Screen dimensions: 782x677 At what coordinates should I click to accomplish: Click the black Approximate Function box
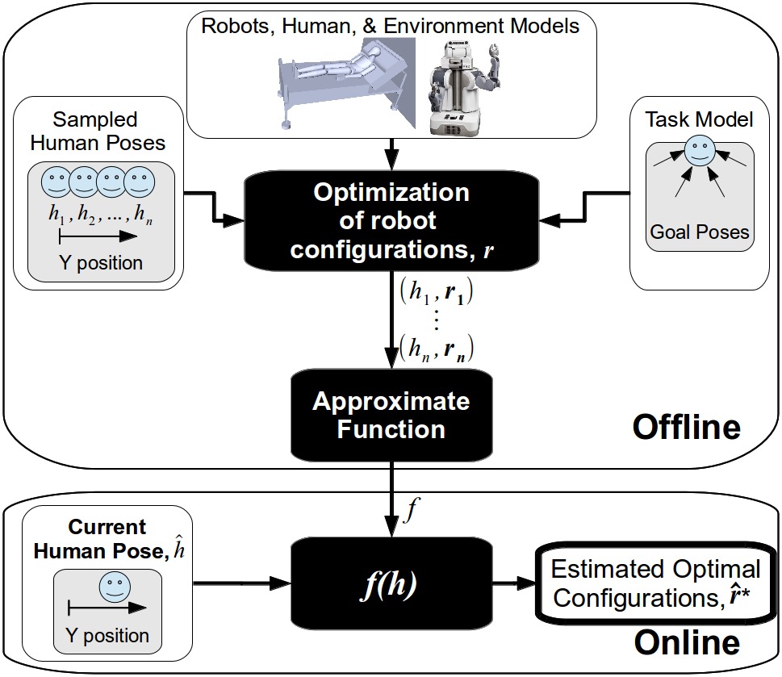tap(391, 416)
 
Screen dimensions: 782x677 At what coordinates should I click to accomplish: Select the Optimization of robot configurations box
tap(391, 221)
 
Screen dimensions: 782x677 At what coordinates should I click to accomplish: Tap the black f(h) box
tap(391, 583)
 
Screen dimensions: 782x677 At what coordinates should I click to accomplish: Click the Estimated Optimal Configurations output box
tap(656, 583)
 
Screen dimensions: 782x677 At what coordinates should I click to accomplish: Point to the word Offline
tap(687, 427)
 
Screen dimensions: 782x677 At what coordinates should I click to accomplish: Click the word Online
tap(687, 642)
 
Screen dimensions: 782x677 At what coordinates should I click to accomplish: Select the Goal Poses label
tap(699, 232)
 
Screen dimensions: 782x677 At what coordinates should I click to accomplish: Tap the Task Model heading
tap(699, 119)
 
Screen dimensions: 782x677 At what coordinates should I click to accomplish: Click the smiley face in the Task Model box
tap(699, 152)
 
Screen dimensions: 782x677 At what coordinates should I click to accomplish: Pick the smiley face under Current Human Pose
tap(115, 587)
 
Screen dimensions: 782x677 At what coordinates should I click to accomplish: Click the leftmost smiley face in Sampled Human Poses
tap(56, 182)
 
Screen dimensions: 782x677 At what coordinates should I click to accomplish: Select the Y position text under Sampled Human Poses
tap(101, 263)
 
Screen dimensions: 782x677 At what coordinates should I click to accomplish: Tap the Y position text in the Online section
tap(107, 636)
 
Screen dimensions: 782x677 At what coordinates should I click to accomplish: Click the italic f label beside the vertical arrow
tap(411, 509)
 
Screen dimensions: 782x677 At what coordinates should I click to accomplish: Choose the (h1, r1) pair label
tap(437, 291)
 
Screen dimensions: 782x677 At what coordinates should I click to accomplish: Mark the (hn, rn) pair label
tap(437, 349)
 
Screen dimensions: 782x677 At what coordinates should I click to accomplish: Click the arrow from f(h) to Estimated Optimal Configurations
tap(514, 583)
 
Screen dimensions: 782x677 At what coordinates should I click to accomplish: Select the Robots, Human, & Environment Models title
tap(391, 26)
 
